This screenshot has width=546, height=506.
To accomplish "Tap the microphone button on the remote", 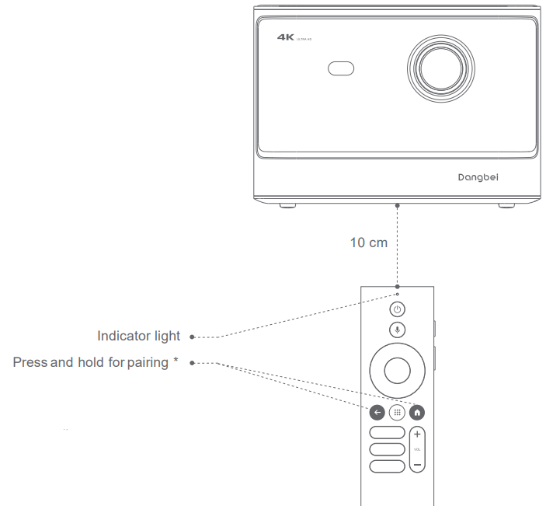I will pyautogui.click(x=397, y=330).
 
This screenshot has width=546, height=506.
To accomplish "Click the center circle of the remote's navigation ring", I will pyautogui.click(x=397, y=371).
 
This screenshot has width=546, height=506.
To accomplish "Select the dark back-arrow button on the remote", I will pyautogui.click(x=377, y=414).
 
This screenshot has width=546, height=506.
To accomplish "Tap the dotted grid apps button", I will pyautogui.click(x=397, y=414).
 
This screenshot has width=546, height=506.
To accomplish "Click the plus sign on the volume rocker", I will pyautogui.click(x=418, y=434).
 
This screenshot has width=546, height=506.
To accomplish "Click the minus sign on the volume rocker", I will pyautogui.click(x=418, y=464).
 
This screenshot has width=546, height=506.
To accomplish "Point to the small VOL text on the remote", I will pyautogui.click(x=418, y=449).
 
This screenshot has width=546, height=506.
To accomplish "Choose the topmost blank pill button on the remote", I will pyautogui.click(x=387, y=433).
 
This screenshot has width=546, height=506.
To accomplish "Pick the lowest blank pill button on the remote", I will pyautogui.click(x=387, y=466).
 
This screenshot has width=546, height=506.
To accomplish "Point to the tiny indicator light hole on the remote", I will pyautogui.click(x=397, y=295).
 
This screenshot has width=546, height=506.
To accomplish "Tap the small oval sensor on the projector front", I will pyautogui.click(x=341, y=68).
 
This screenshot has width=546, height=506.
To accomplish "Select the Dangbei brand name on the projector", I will pyautogui.click(x=478, y=177).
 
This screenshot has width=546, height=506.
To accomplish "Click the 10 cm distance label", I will pyautogui.click(x=368, y=243).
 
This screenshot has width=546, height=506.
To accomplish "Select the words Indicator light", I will pyautogui.click(x=138, y=337).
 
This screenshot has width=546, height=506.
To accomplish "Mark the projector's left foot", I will pyautogui.click(x=287, y=205).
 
